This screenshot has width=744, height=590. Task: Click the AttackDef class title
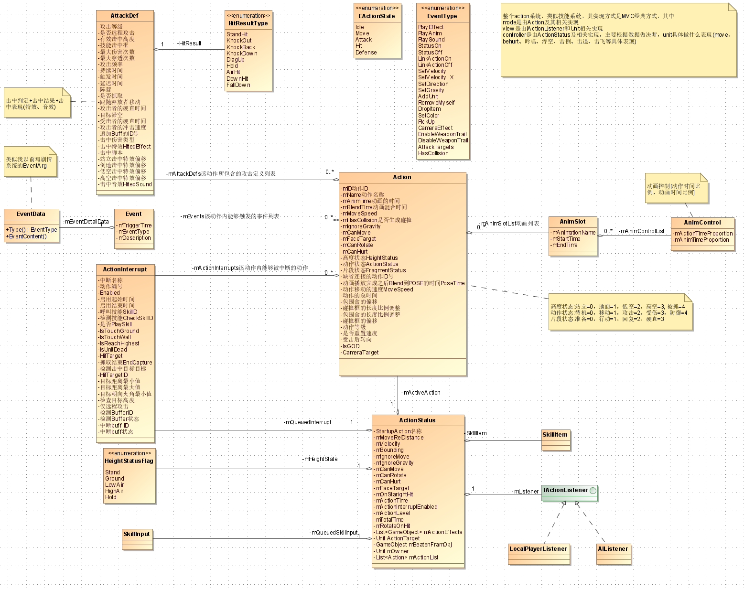pos(125,16)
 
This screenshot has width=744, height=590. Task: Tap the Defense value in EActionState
pos(366,53)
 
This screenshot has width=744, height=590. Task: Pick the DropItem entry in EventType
pos(430,109)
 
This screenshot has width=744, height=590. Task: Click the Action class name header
pos(402,177)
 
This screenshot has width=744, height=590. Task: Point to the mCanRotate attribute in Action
pos(357,245)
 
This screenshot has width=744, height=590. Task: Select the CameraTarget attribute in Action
pos(360,353)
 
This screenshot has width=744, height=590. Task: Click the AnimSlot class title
pos(572,222)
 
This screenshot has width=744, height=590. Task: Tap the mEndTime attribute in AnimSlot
pos(564,245)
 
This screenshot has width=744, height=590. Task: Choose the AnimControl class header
pos(702,223)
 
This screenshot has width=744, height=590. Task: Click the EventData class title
pos(31,214)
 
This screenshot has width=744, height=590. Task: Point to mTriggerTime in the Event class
pos(135,225)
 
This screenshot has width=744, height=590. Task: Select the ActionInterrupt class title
pos(125,269)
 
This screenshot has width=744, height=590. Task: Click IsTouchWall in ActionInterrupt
pos(115,337)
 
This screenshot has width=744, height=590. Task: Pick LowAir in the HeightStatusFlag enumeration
pos(114,485)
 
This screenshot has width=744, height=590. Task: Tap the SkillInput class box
pos(137,534)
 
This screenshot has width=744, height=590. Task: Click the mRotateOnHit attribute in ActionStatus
pos(393,526)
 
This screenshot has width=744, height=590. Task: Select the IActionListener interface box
pos(569,490)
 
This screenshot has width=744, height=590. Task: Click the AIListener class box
pos(613,549)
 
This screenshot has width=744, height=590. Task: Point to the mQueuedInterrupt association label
pos(308,422)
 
